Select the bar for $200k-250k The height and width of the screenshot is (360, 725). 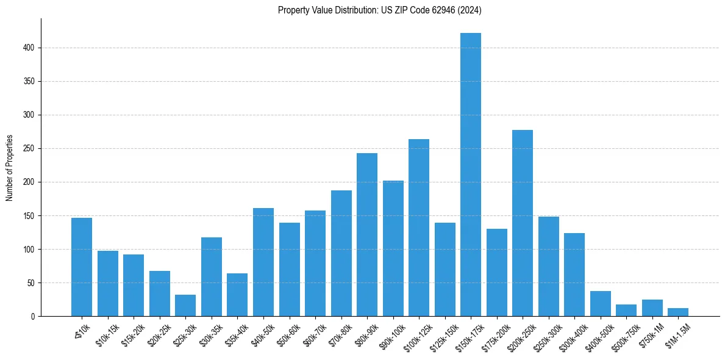[x=523, y=223]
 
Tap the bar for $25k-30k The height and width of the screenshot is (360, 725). [x=185, y=306]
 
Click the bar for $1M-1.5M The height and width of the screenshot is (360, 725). [x=678, y=312]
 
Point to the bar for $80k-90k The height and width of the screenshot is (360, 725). [x=367, y=235]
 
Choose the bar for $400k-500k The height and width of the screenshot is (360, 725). [x=601, y=304]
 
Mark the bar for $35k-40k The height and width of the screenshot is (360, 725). [x=237, y=295]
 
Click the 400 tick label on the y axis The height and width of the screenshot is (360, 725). [x=29, y=48]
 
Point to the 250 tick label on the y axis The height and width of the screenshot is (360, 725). [x=29, y=149]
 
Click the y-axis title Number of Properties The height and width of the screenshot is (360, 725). [x=9, y=168]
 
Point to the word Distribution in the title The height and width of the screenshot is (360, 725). [x=350, y=10]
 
